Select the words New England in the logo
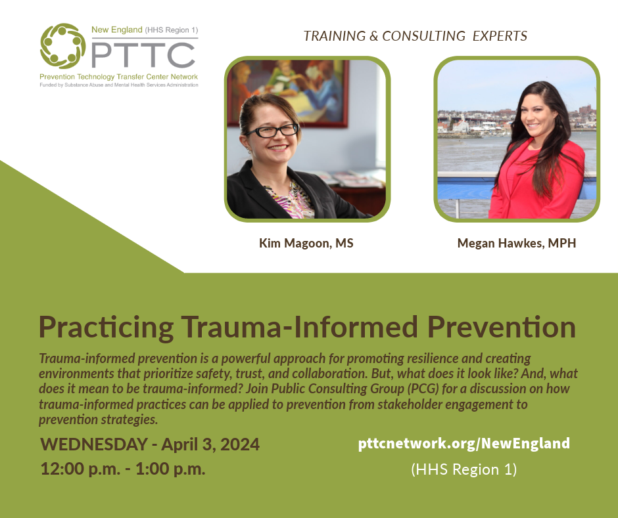(x=116, y=30)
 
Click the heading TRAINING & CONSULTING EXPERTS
(x=415, y=36)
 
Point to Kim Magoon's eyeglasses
(x=272, y=130)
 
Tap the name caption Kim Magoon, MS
(x=306, y=244)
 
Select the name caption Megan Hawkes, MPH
(x=517, y=244)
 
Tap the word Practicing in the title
(x=106, y=328)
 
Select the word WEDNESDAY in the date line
(x=94, y=444)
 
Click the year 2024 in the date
(x=239, y=444)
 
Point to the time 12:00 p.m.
(x=80, y=468)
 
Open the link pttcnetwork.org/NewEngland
(x=464, y=443)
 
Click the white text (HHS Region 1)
(x=464, y=469)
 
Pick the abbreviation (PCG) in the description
(x=423, y=389)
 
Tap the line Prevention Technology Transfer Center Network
(x=118, y=77)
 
